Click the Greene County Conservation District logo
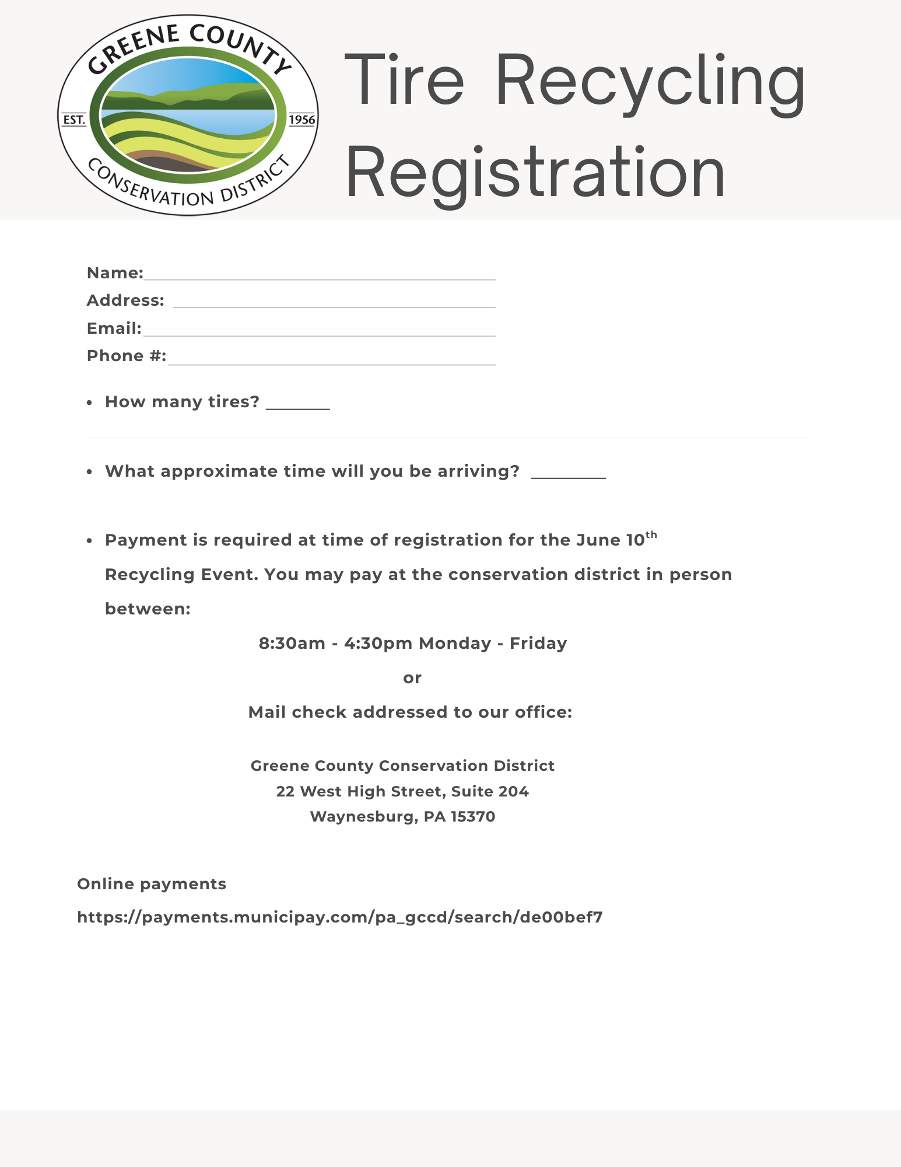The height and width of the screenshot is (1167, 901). coord(188,116)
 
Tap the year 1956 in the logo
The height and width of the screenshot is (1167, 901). coord(302,120)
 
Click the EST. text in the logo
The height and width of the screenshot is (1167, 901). coord(74,120)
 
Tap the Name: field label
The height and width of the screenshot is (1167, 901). coord(115,272)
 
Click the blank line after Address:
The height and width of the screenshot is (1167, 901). coord(334,302)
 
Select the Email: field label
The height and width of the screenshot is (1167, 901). coord(114,328)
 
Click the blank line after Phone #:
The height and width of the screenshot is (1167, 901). coord(331,359)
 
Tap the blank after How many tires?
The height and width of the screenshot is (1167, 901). coord(297,405)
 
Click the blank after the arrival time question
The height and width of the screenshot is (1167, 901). coord(569,474)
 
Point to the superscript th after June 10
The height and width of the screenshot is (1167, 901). coord(651,534)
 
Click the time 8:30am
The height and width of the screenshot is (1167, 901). coord(292,643)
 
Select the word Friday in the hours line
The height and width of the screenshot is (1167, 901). coord(538,643)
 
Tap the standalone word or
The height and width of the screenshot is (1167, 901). coord(412,678)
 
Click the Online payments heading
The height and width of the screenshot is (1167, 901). coord(152,884)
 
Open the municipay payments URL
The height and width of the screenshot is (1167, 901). coord(340,917)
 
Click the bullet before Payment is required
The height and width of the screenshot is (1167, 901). coord(89,541)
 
